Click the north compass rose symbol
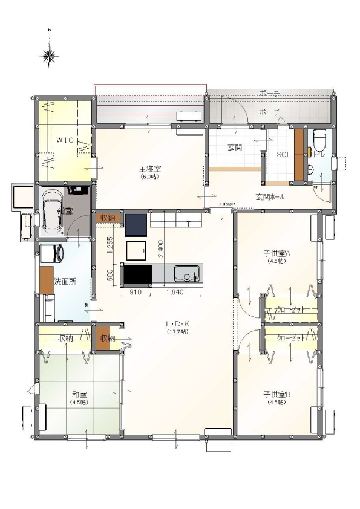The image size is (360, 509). click(50, 56)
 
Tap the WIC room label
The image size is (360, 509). click(65, 140)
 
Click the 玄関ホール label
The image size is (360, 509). click(270, 197)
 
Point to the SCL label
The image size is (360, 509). click(283, 155)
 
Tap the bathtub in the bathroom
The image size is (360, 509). click(51, 212)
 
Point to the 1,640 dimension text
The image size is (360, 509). click(175, 292)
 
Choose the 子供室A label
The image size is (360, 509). click(277, 254)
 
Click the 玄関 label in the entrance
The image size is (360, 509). click(235, 147)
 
